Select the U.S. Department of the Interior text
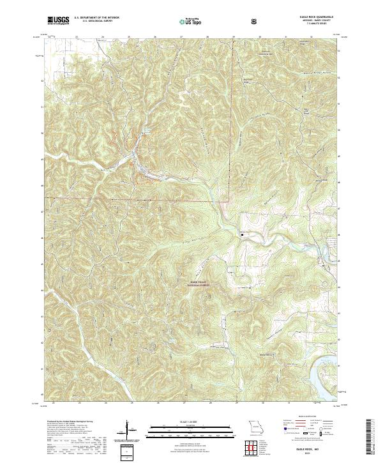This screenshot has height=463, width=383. [96, 18]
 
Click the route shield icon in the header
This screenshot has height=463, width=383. [255, 20]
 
